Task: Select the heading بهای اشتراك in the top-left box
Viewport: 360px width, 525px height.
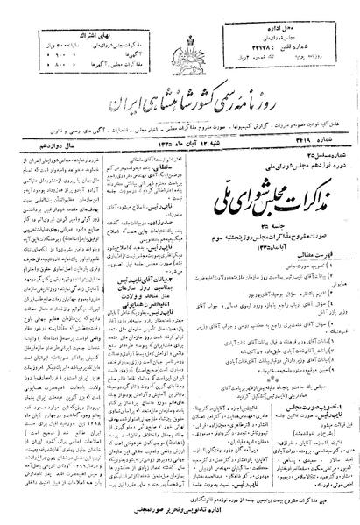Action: point(46,12)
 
